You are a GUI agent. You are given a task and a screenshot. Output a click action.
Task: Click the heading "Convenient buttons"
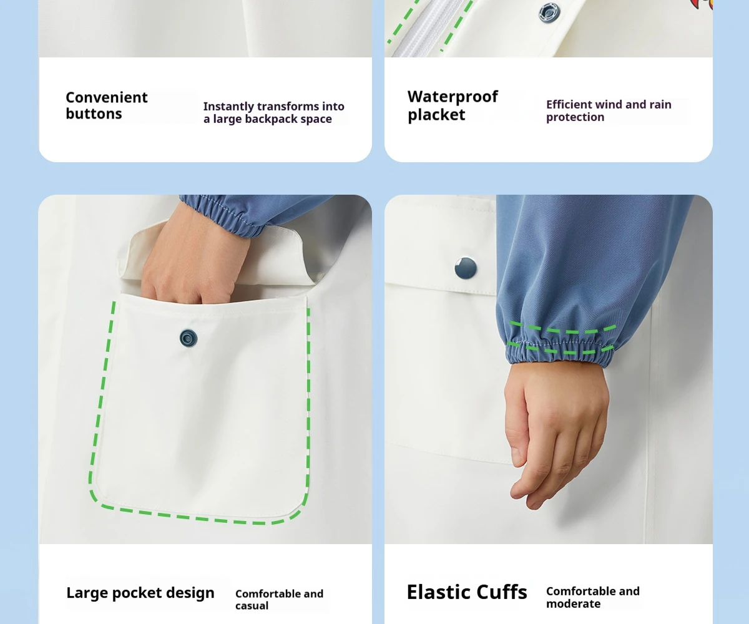click(107, 105)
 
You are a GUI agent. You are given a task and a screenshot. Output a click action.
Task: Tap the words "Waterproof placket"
click(453, 105)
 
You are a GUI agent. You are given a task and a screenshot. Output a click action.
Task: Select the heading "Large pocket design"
click(140, 593)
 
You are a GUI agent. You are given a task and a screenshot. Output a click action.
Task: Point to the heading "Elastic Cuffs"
click(467, 592)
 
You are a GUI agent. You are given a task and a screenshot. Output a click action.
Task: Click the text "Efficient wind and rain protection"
click(609, 111)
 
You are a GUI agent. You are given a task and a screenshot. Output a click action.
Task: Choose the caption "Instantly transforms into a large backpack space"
click(274, 112)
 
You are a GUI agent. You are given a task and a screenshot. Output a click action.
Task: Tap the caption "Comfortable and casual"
click(279, 600)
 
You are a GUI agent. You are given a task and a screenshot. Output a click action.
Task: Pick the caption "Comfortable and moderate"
click(592, 597)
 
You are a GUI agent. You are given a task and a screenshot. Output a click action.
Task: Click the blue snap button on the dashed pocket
click(188, 338)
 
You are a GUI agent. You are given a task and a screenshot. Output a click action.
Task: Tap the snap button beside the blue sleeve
click(466, 268)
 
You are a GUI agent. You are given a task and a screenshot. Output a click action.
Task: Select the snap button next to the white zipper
click(549, 12)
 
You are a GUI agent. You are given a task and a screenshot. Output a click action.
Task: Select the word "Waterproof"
click(453, 97)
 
